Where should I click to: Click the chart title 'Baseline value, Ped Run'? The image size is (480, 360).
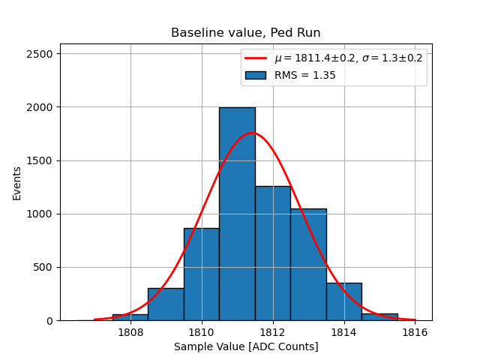(245, 33)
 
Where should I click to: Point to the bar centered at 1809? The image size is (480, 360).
(166, 304)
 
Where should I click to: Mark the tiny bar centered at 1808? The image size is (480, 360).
(130, 317)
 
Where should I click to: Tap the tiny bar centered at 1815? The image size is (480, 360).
(379, 317)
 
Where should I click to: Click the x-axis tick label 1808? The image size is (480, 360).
(130, 332)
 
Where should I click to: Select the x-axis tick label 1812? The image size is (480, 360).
(273, 332)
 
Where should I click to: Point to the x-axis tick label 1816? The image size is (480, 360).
(415, 332)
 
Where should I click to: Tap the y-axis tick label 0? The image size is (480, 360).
(49, 321)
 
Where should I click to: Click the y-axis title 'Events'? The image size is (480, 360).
(17, 182)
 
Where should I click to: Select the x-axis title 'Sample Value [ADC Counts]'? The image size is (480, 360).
(246, 346)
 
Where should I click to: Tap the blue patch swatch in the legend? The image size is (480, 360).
(255, 75)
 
